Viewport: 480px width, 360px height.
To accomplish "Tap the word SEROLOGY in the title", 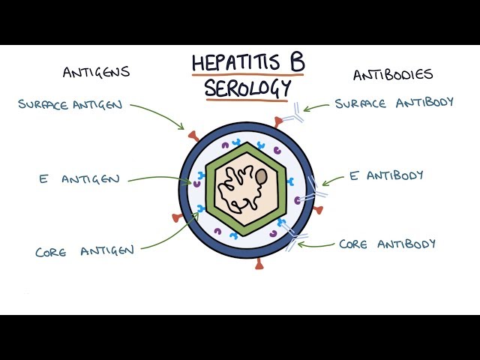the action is click(x=247, y=88).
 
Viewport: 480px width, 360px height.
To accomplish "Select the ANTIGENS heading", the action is click(x=96, y=72).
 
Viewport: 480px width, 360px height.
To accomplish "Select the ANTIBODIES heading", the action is click(x=393, y=74).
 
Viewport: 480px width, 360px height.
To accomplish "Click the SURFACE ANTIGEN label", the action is click(x=70, y=103).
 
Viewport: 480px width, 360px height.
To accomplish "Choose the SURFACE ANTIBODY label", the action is click(x=394, y=103).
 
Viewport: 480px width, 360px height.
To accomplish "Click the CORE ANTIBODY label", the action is click(x=387, y=244).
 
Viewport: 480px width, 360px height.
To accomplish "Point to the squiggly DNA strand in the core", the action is click(x=238, y=187).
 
